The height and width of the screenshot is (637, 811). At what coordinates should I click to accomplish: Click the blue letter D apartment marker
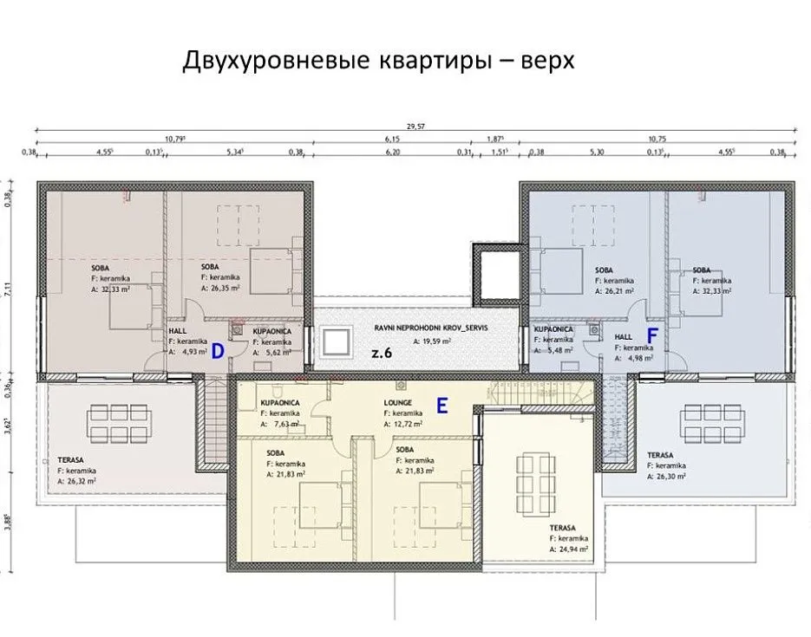(x=219, y=350)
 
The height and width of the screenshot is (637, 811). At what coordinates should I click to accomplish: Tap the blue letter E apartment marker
(x=441, y=405)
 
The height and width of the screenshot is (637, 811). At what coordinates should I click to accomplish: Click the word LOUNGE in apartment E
(x=398, y=403)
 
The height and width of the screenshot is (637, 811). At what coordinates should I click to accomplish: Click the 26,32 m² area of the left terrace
(x=80, y=480)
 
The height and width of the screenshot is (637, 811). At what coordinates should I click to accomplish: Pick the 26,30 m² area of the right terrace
(x=670, y=476)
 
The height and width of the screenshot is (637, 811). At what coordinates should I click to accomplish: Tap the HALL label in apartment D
(x=177, y=331)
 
